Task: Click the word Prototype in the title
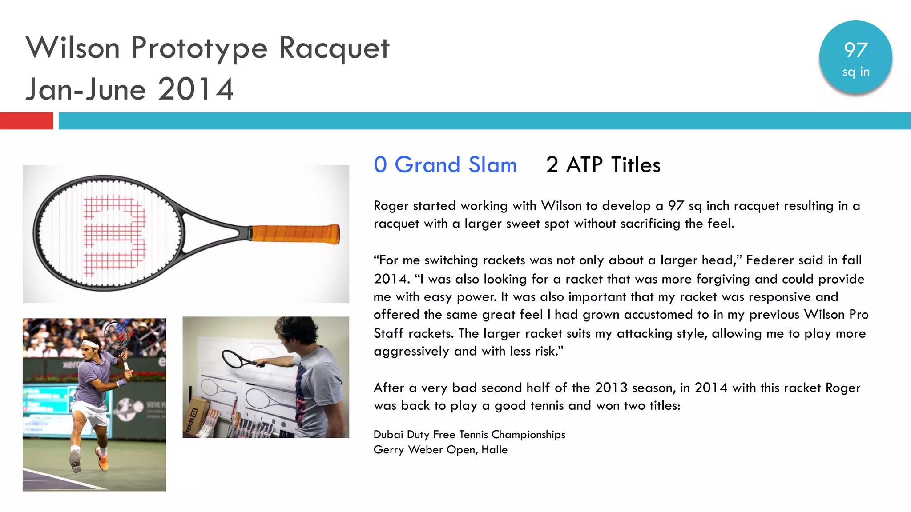point(199,48)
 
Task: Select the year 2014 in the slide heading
point(196,89)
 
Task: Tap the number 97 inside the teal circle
point(855,50)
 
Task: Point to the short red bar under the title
point(26,121)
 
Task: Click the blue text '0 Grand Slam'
point(445,165)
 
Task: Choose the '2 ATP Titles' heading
point(603,165)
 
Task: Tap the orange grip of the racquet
point(294,234)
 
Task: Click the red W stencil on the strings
point(115,234)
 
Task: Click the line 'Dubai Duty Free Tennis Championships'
point(469,434)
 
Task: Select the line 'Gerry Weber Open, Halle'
point(440,450)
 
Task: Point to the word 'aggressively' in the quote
point(411,352)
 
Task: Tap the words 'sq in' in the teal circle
point(855,72)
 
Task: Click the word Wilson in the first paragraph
point(561,206)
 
